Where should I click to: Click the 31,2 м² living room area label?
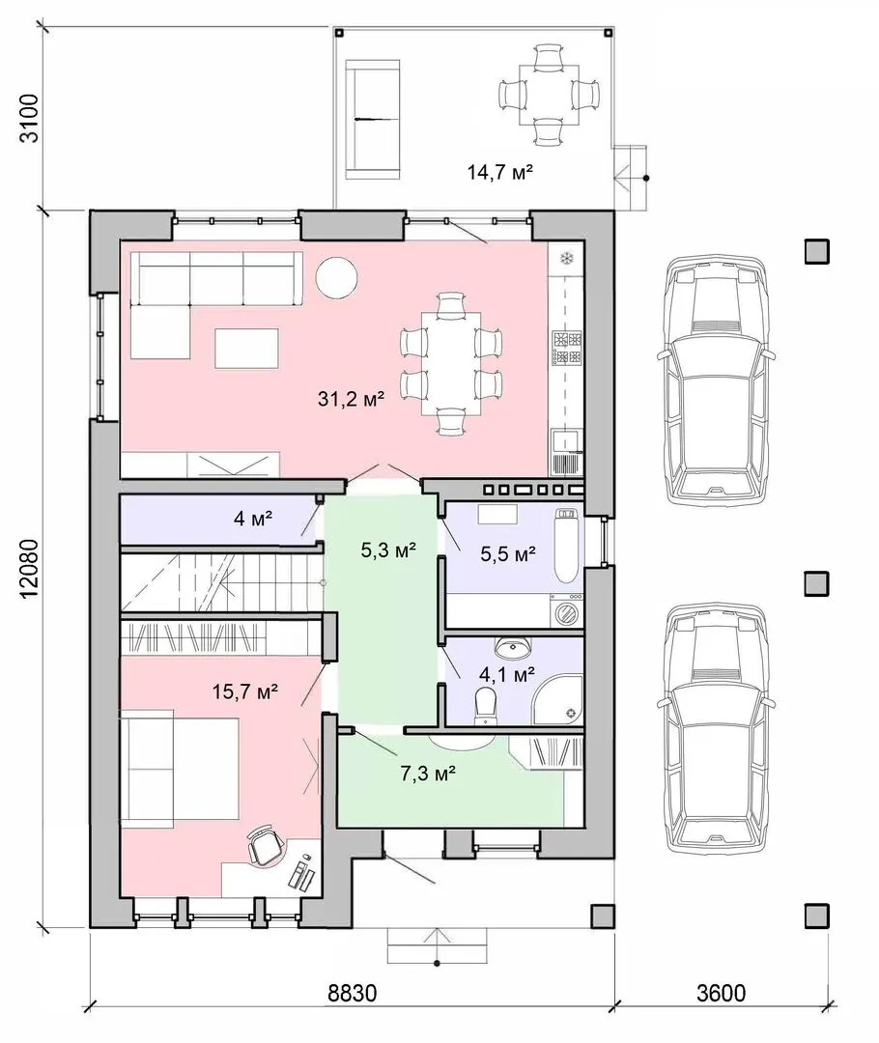352,399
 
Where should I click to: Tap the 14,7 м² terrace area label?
500,172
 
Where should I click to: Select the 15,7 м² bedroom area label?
245,691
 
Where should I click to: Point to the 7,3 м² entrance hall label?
428,774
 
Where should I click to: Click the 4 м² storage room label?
253,519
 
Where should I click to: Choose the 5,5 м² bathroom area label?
508,553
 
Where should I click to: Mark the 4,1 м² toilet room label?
507,675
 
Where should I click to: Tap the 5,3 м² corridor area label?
388,550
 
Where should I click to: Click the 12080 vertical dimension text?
31,568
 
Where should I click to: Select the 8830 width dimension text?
353,993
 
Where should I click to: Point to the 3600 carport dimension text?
722,993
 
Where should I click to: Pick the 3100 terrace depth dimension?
31,119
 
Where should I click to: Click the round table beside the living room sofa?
337,277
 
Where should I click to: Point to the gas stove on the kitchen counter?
567,349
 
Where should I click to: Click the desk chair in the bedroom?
267,845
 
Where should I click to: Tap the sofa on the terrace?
373,120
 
